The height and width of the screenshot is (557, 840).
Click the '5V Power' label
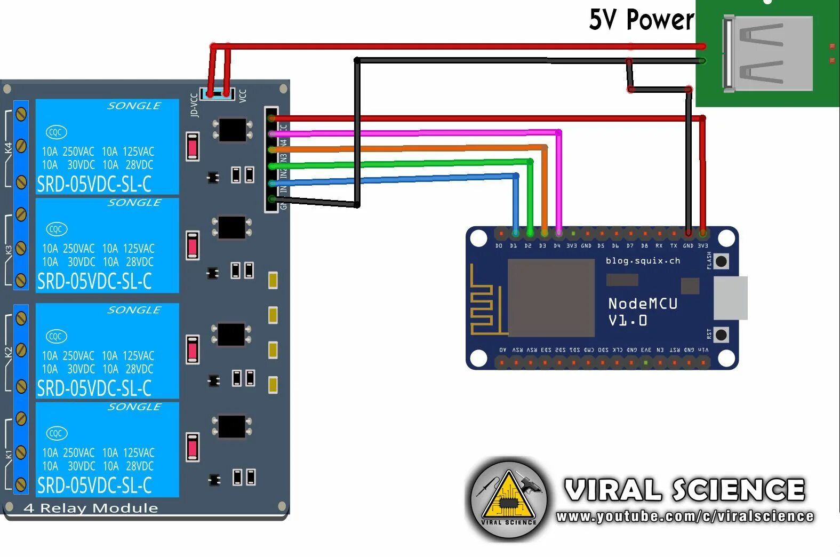click(641, 20)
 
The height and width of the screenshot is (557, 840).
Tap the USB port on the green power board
click(768, 53)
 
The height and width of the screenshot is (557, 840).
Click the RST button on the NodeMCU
click(721, 335)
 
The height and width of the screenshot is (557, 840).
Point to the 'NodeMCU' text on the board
click(643, 304)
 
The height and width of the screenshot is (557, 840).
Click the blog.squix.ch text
click(643, 261)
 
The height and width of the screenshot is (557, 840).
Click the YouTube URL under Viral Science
click(685, 516)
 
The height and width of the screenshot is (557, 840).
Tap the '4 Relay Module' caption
click(91, 508)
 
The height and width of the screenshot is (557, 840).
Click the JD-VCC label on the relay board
click(194, 105)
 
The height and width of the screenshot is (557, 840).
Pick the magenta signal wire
click(416, 132)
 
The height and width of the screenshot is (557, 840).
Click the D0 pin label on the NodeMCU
click(499, 246)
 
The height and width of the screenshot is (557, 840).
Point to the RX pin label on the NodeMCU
click(659, 246)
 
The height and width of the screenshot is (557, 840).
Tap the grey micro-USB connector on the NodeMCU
click(730, 298)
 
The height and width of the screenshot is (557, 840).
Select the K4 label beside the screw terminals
click(8, 148)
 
